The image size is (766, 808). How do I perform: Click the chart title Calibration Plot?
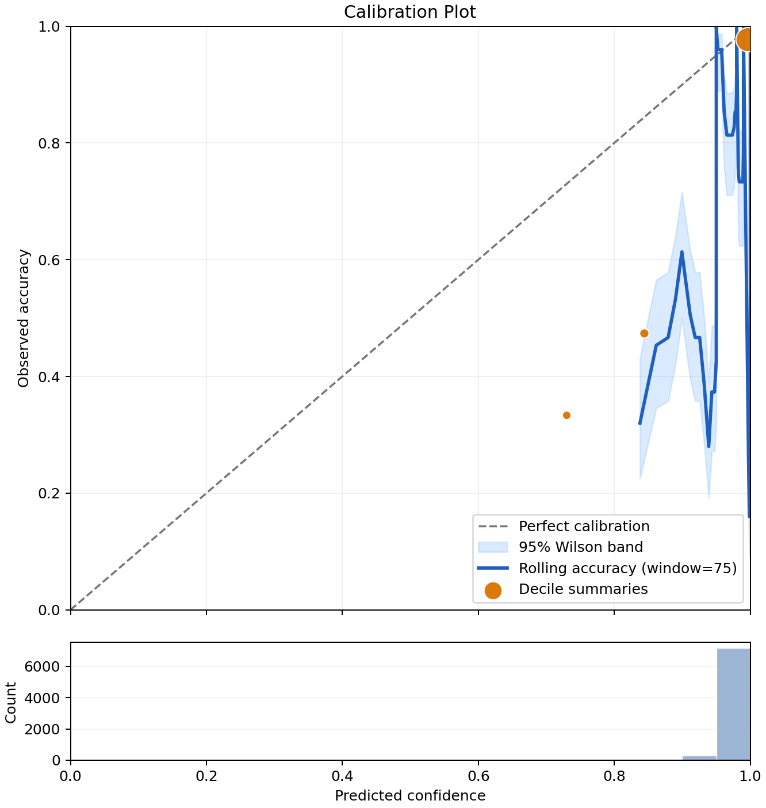(x=409, y=12)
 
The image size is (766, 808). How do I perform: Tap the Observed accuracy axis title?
(x=24, y=318)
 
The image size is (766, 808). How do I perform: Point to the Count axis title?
(x=10, y=702)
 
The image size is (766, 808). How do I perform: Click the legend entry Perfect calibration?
(x=584, y=526)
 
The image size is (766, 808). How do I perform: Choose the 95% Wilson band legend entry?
(x=580, y=547)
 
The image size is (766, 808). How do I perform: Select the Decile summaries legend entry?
(x=583, y=589)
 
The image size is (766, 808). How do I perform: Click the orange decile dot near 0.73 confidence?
(x=566, y=416)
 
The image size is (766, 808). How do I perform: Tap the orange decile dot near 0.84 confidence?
(x=644, y=333)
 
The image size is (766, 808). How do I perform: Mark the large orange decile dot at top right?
(x=746, y=40)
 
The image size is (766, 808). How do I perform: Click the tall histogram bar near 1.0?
(x=733, y=704)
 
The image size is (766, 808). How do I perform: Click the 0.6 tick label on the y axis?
(x=49, y=260)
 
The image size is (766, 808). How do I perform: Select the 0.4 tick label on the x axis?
(x=342, y=776)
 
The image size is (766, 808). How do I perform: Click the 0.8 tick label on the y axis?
(x=49, y=143)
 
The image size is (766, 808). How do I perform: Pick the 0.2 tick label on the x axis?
(x=206, y=776)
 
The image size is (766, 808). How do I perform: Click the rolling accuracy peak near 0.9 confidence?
(x=682, y=252)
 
